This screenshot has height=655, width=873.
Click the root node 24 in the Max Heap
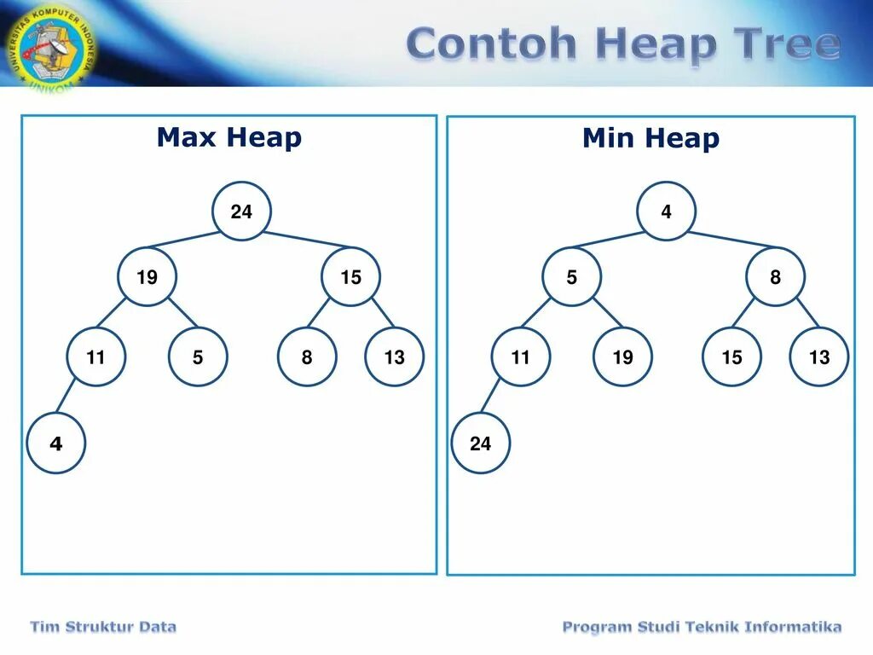[x=242, y=212]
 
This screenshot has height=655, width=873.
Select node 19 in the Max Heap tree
[x=147, y=276]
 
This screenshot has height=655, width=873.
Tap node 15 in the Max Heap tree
[x=351, y=276]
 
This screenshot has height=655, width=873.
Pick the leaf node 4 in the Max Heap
[x=56, y=443]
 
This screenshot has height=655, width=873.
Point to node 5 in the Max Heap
[x=198, y=357]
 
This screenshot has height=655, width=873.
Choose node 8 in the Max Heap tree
[x=307, y=357]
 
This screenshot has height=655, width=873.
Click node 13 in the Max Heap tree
[x=394, y=357]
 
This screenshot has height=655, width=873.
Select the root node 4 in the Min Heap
[x=666, y=212]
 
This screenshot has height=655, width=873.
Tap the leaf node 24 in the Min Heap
[x=481, y=443]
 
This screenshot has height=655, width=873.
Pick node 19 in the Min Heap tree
[x=623, y=357]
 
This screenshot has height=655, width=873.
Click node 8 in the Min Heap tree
[x=775, y=276]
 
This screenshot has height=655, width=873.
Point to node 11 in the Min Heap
[x=521, y=357]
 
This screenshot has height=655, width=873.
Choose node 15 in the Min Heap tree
[x=732, y=357]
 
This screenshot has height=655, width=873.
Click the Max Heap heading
[x=228, y=137]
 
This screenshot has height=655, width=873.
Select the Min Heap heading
[x=650, y=138]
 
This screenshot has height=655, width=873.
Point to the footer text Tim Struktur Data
[x=103, y=628]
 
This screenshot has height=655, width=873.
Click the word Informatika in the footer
[x=793, y=628]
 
